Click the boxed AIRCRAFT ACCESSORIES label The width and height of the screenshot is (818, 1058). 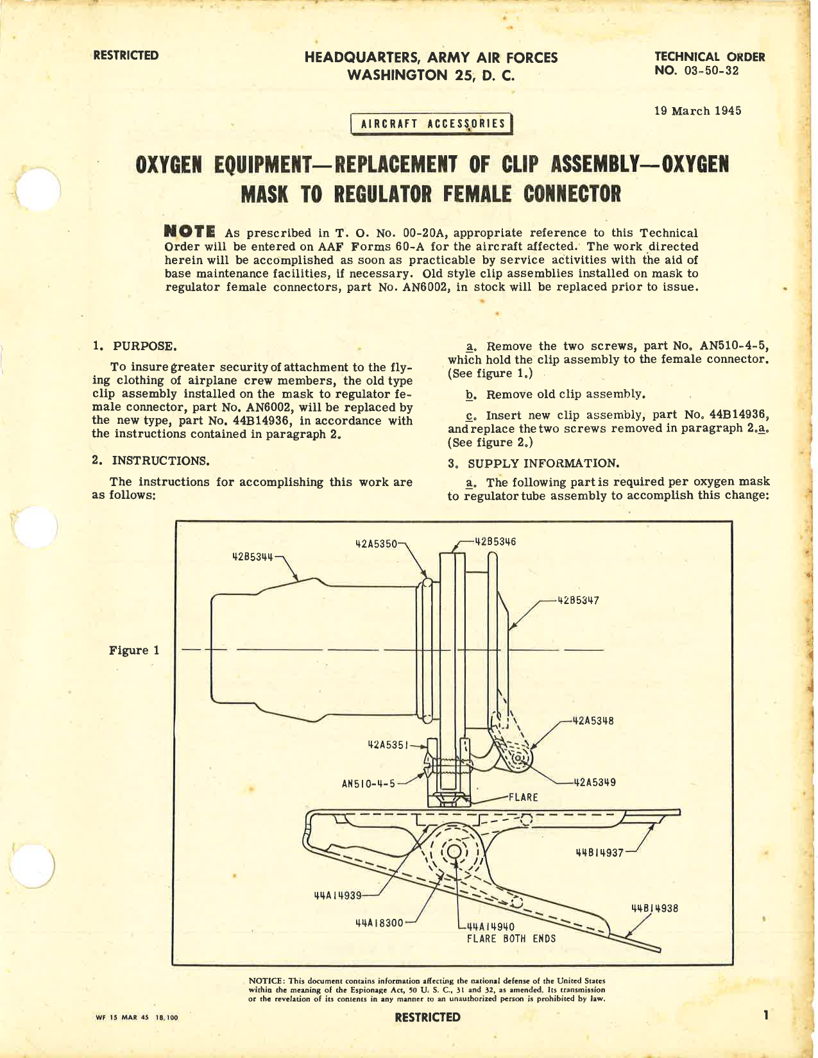[432, 124]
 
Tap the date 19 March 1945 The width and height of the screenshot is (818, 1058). [697, 111]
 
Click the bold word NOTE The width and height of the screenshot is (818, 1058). [189, 231]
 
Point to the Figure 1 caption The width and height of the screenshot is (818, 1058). [133, 650]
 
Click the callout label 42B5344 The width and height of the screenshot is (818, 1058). [252, 557]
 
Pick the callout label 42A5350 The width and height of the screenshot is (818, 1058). [376, 543]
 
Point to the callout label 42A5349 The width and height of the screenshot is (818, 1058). [595, 782]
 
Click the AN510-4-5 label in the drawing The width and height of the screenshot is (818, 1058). [368, 783]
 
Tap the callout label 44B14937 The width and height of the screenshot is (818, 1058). [599, 853]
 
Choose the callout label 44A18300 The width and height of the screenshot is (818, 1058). [379, 923]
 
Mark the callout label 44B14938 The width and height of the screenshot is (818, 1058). [655, 908]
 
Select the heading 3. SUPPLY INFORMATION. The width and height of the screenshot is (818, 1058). [533, 463]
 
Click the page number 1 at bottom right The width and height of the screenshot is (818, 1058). [765, 1015]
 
